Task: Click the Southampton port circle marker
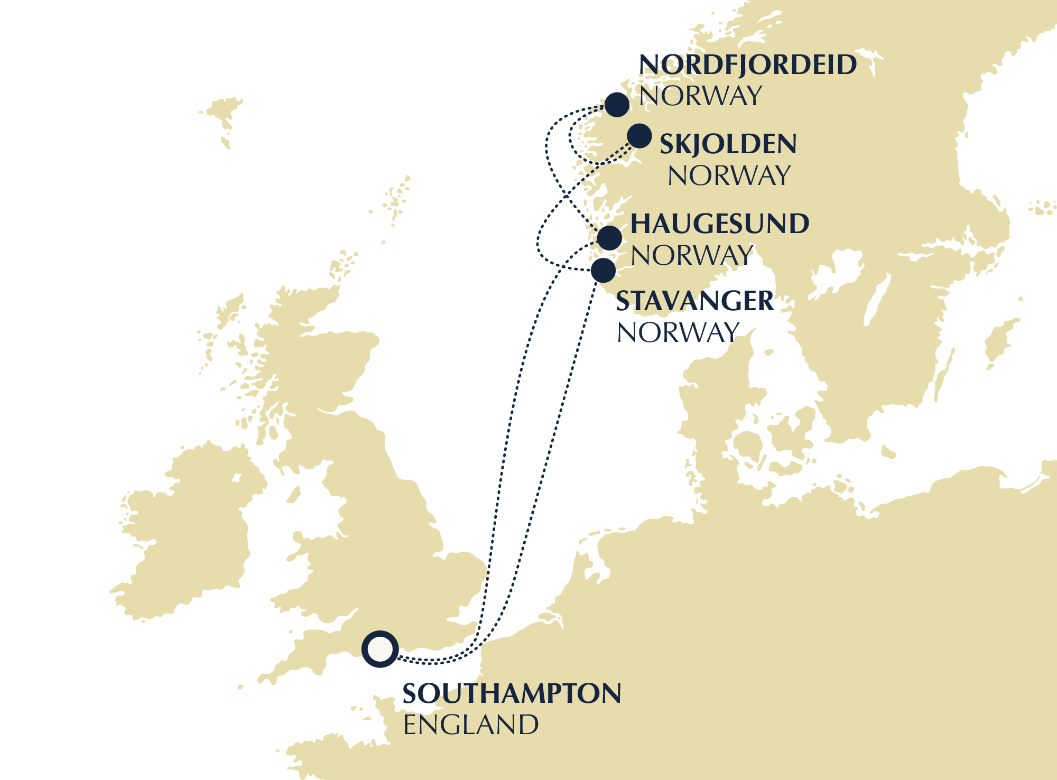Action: tap(380, 649)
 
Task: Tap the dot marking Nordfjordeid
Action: tap(617, 105)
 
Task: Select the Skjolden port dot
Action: tap(639, 136)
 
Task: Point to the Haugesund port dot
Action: tap(609, 238)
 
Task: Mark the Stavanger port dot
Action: tap(603, 271)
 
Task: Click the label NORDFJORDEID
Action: tap(747, 65)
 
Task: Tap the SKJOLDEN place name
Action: tap(728, 144)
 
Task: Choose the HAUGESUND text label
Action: tap(719, 224)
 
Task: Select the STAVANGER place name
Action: tap(694, 301)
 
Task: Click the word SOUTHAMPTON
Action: tap(512, 693)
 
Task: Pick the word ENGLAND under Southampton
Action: tap(470, 725)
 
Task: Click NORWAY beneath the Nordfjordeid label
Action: tap(700, 96)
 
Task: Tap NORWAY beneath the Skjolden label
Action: tap(729, 176)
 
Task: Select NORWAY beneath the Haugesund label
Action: tap(691, 256)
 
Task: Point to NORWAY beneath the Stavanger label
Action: tap(678, 333)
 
